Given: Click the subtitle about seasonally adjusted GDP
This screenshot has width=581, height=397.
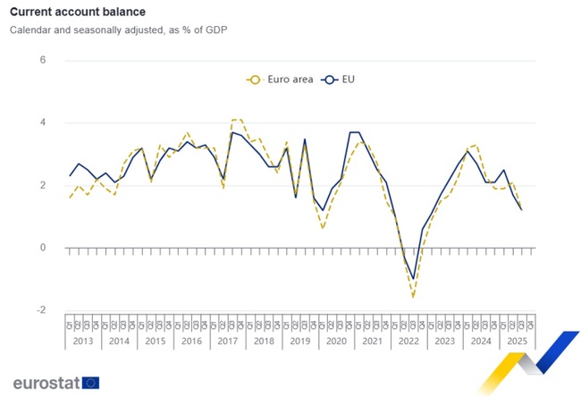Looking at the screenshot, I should (x=118, y=30).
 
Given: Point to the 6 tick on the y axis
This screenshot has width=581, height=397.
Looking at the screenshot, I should (x=42, y=60).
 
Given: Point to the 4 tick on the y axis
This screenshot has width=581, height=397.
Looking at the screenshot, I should (x=42, y=122).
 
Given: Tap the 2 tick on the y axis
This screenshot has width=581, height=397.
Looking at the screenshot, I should (x=42, y=185).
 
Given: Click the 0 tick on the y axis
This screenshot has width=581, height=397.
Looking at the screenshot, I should (x=42, y=248).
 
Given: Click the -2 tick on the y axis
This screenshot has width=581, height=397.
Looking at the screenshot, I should (x=40, y=310).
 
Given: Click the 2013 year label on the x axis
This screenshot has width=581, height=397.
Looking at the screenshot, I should (x=82, y=342).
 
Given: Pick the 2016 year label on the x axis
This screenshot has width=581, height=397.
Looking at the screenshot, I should (x=192, y=342).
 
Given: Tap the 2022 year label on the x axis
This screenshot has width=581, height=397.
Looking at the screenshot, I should (x=409, y=342).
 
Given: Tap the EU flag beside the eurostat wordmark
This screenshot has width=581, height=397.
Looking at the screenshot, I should (x=90, y=383).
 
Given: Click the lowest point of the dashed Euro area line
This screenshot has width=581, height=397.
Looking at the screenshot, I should (x=414, y=297).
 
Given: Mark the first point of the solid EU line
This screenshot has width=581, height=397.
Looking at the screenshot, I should (x=70, y=175).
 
